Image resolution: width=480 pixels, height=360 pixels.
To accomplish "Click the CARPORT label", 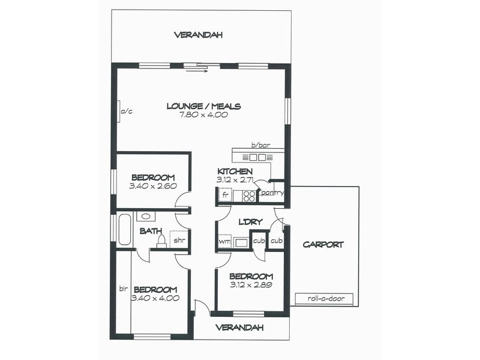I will point(323,244).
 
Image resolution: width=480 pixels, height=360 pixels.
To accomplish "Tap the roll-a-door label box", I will point(323,299).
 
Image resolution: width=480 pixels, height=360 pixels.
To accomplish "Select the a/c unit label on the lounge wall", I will point(126,112).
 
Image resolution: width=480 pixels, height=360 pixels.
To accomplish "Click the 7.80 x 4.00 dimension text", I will point(203,115).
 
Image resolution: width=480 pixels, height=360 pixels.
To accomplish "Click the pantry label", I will point(271,193).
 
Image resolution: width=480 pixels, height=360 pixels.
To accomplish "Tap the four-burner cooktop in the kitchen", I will point(250,196).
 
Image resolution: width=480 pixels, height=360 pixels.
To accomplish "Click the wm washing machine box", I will point(224,241).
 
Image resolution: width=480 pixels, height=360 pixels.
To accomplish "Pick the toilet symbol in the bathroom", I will point(161,241).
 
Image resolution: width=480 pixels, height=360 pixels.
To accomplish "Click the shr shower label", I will point(179,240).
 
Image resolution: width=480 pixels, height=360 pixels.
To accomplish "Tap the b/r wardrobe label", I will point(124,289).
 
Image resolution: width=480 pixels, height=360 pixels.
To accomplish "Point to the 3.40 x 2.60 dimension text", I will point(153,186).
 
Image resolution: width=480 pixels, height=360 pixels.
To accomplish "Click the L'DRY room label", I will point(251,221).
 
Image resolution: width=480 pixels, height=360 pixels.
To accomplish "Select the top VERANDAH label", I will point(199,35).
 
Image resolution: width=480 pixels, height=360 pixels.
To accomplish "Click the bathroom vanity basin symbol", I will point(146,217).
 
